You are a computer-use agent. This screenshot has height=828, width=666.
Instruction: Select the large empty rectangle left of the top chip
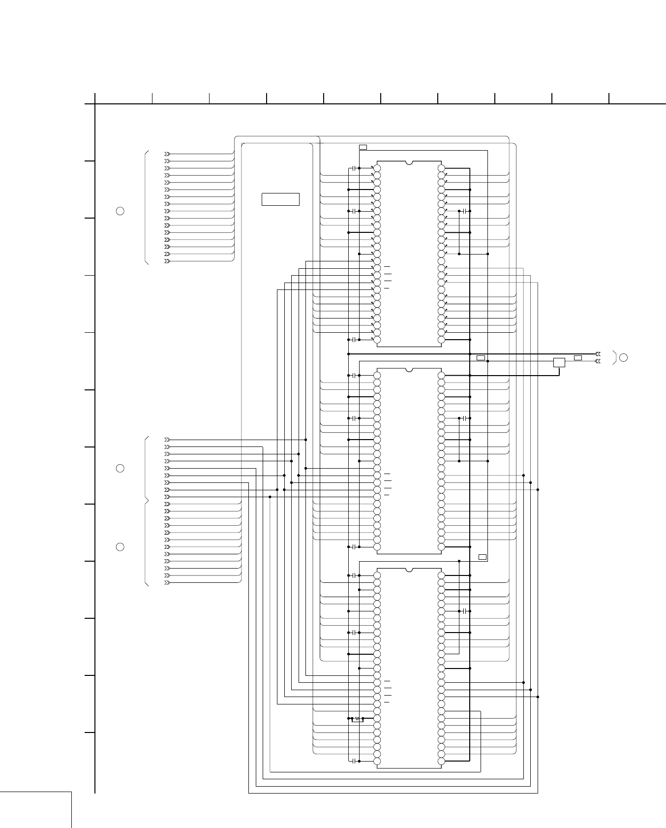pyautogui.click(x=280, y=199)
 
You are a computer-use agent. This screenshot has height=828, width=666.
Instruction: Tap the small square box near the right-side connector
pyautogui.click(x=559, y=362)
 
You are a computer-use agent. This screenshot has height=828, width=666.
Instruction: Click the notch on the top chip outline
pyautogui.click(x=409, y=162)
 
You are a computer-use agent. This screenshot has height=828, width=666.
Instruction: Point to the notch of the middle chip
pyautogui.click(x=409, y=369)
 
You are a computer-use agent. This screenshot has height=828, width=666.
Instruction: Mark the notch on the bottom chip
pyautogui.click(x=409, y=570)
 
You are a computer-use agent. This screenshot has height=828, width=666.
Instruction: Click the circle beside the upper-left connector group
pyautogui.click(x=120, y=211)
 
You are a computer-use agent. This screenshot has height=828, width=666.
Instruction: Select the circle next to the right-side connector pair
pyautogui.click(x=623, y=357)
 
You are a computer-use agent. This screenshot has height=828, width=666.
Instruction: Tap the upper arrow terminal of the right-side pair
pyautogui.click(x=598, y=354)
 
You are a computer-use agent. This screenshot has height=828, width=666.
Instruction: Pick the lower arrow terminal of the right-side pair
pyautogui.click(x=598, y=361)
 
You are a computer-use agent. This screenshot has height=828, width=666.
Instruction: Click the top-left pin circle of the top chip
pyautogui.click(x=377, y=168)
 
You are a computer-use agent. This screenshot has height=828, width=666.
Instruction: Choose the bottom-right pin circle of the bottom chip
pyautogui.click(x=441, y=761)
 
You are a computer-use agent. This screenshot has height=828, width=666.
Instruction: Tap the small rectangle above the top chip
pyautogui.click(x=363, y=147)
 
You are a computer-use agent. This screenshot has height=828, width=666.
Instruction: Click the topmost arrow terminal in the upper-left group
pyautogui.click(x=167, y=154)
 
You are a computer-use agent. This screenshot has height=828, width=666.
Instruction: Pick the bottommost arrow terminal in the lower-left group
pyautogui.click(x=167, y=583)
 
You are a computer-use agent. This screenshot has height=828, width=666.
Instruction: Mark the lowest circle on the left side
pyautogui.click(x=120, y=547)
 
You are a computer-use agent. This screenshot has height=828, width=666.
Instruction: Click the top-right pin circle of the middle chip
pyautogui.click(x=441, y=376)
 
